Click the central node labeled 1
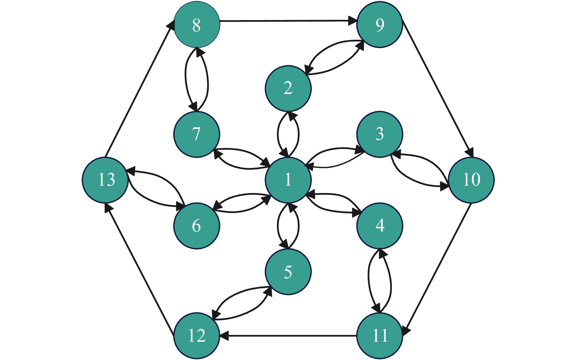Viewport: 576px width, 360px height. click(x=288, y=180)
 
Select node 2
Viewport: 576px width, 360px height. click(x=288, y=88)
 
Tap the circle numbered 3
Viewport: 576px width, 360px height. click(x=379, y=134)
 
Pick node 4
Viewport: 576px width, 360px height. click(x=379, y=226)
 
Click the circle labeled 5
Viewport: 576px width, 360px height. click(x=288, y=272)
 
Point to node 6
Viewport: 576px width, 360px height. click(x=197, y=226)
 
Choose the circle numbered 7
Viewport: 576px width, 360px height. click(x=197, y=134)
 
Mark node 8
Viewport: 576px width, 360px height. click(x=197, y=25)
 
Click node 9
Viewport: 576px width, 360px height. click(x=379, y=25)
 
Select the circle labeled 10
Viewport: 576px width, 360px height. click(x=471, y=180)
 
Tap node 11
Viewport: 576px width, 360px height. click(x=379, y=336)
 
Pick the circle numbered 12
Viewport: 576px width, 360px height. click(x=197, y=336)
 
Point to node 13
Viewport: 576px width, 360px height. click(x=105, y=180)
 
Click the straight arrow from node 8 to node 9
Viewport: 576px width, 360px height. click(x=288, y=21)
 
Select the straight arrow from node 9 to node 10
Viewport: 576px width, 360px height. click(x=438, y=88)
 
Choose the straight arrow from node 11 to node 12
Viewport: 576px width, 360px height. click(x=288, y=336)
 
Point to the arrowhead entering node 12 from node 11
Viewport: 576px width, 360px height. click(x=224, y=336)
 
